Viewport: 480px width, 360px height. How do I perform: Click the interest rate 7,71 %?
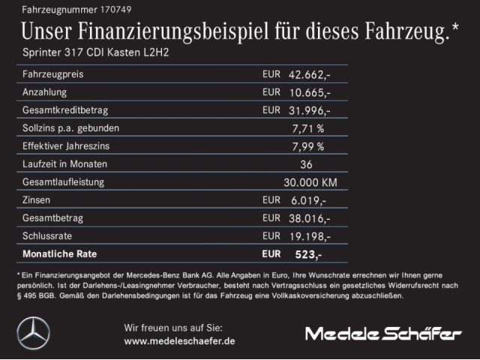click(307, 128)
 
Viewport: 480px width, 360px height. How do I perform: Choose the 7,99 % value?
click(307, 146)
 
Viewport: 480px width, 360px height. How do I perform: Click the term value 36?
click(306, 164)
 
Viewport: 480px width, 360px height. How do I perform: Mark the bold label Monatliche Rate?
click(60, 254)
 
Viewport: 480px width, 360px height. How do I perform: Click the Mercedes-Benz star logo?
click(33, 333)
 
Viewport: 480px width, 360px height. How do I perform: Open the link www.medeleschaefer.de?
click(179, 341)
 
